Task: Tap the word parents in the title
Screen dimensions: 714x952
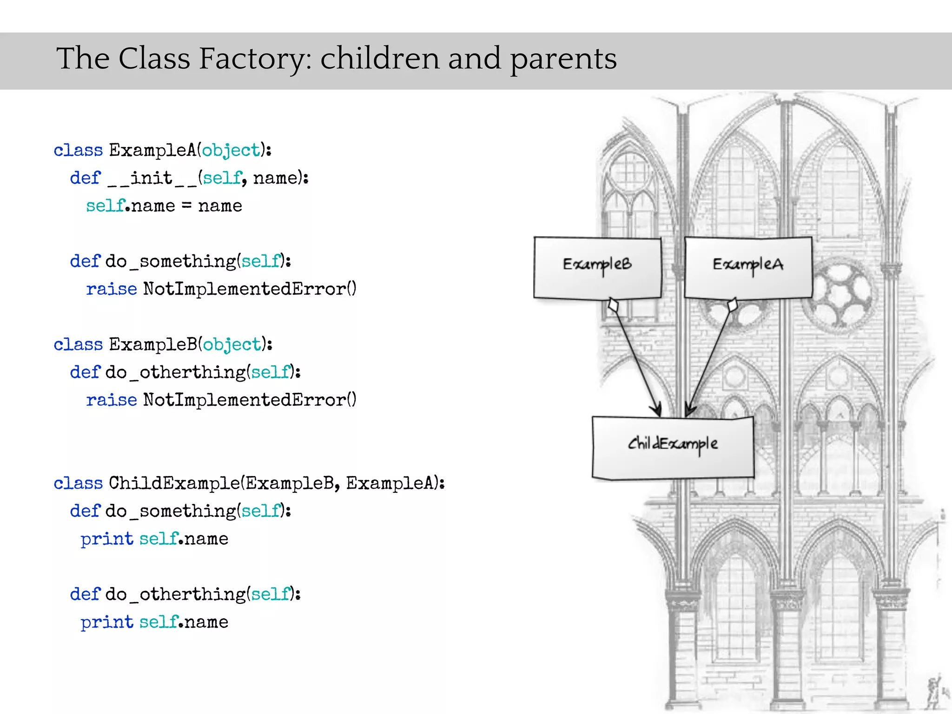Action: coord(563,59)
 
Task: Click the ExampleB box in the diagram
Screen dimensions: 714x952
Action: coord(597,267)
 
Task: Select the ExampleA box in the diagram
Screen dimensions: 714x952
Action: coord(748,267)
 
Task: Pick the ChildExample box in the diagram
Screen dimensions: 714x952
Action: coord(673,447)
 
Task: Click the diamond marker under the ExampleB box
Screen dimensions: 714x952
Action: coord(614,305)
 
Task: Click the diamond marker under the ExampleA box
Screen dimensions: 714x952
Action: coord(733,305)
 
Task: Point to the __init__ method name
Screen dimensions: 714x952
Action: coord(152,178)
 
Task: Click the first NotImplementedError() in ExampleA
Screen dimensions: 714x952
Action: coord(250,289)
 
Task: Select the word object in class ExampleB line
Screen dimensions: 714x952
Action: coord(231,345)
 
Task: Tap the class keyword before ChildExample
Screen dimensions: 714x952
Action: coord(78,483)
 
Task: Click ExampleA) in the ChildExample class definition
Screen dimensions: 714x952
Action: coord(395,483)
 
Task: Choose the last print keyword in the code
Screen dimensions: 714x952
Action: coord(106,622)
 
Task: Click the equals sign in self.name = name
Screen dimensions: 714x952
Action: coord(186,206)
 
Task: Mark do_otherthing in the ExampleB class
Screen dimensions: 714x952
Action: coord(175,372)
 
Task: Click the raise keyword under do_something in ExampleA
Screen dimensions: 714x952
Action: coord(111,289)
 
